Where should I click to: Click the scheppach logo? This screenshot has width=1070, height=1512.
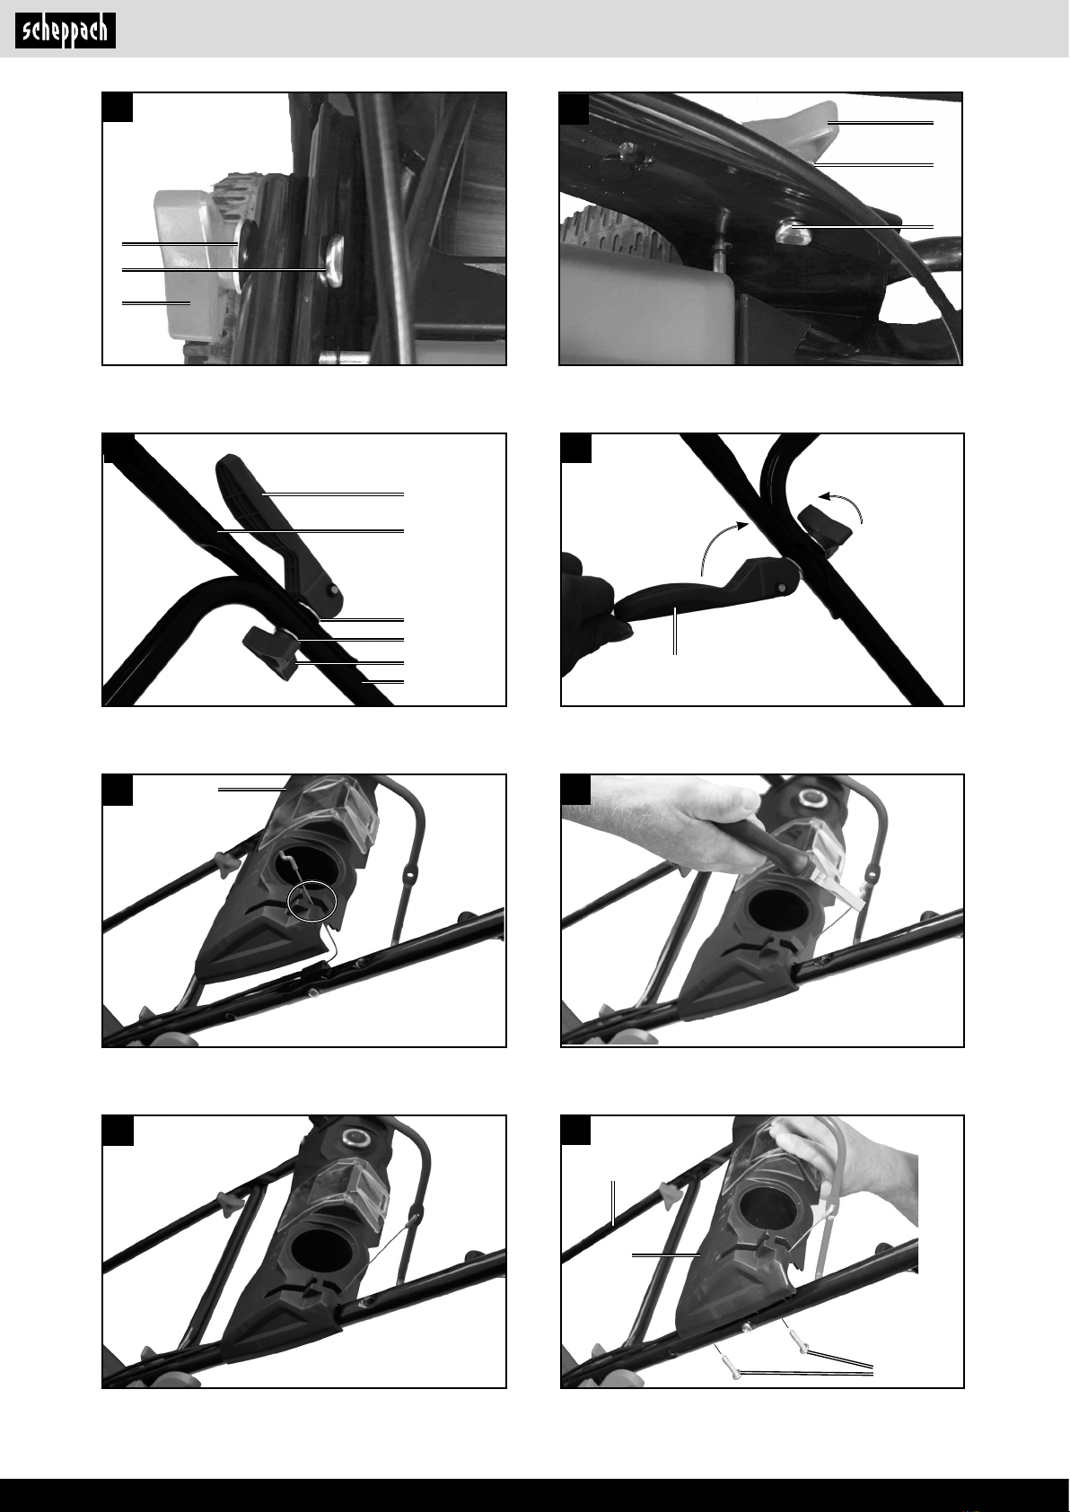tap(66, 31)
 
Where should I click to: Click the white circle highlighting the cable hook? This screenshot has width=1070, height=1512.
tap(311, 901)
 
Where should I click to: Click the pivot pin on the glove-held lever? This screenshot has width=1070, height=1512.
tap(782, 588)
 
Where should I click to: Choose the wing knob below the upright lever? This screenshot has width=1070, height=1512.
tap(273, 650)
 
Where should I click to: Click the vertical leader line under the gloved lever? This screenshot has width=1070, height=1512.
tap(674, 630)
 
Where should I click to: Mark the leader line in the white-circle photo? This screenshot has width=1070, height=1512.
tap(252, 788)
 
